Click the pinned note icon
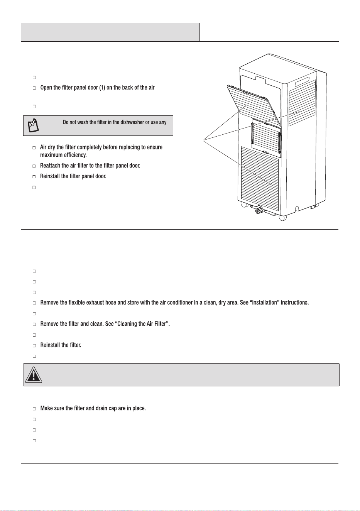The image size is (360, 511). pos(33,125)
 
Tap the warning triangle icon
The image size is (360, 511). pos(34,375)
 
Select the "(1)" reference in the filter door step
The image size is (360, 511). pos(102,88)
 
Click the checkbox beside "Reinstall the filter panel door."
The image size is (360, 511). pos(34,176)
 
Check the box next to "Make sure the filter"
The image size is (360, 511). pos(34,409)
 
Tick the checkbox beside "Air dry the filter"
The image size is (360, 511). pos(34,148)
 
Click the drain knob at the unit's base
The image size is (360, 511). pos(259,210)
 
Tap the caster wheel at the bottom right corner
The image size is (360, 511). pos(283,218)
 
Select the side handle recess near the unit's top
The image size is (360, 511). pos(302,81)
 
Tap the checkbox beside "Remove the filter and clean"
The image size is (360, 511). pos(34,324)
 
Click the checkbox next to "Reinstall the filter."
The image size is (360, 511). pos(34,345)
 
